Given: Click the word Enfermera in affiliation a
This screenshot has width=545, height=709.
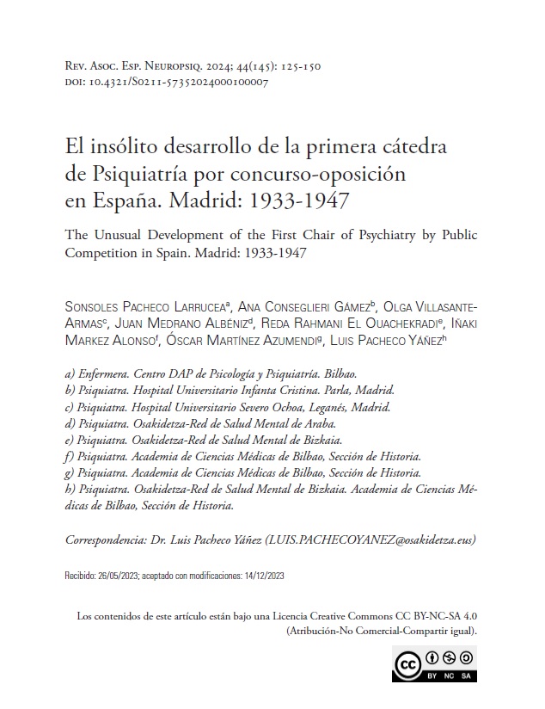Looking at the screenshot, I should click(107, 376).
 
